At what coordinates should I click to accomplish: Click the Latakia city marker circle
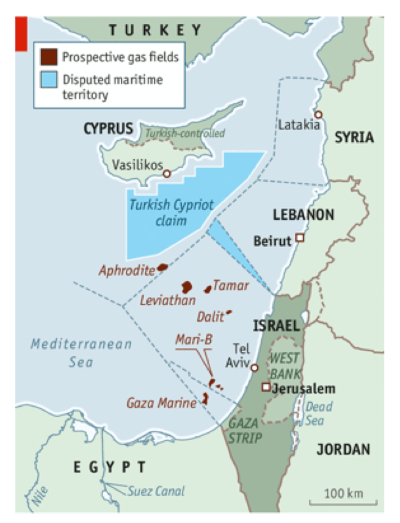[318, 115]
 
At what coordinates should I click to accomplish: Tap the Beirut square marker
[299, 238]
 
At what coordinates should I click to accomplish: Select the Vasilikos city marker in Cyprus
[166, 173]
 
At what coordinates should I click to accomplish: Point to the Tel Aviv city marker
[255, 367]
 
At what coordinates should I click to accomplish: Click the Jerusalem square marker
[266, 387]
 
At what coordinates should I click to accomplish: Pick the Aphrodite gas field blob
[162, 267]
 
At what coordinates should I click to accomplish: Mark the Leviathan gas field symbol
[186, 286]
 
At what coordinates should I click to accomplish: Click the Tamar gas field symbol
[208, 289]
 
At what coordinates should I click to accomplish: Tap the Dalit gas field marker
[229, 312]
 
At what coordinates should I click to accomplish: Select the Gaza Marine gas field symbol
[205, 399]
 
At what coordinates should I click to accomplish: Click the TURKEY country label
[155, 30]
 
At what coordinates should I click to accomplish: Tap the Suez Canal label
[156, 491]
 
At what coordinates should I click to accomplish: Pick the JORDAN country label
[343, 450]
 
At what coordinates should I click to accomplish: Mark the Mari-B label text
[194, 339]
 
